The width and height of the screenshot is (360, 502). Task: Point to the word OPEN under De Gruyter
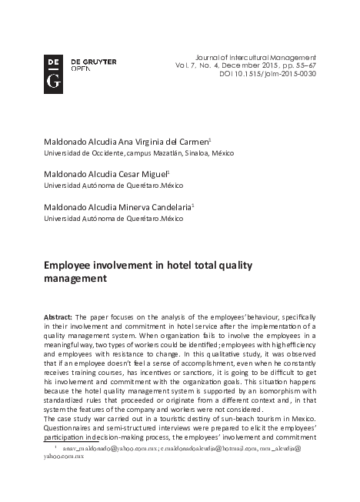pos(81,68)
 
